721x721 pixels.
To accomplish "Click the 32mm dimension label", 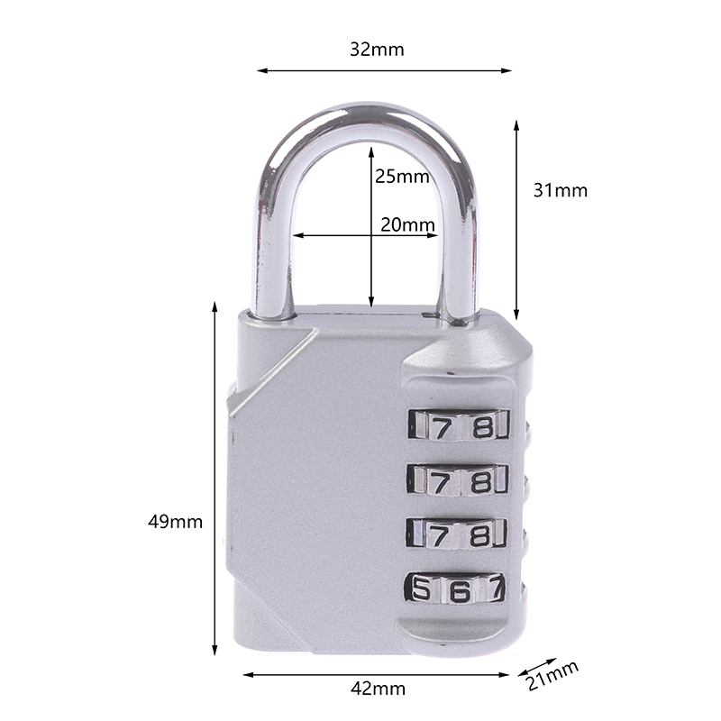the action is (377, 50).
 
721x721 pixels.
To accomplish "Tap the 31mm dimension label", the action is (560, 190).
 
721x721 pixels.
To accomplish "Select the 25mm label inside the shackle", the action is (402, 177).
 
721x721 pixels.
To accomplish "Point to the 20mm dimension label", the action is (407, 224).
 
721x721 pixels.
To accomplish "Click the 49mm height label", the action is (175, 522).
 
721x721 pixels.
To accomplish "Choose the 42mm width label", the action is (378, 689).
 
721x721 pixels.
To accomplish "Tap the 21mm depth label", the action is (552, 676).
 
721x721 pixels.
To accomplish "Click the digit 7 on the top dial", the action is (442, 429).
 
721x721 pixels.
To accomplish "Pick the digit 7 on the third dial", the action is (439, 535).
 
